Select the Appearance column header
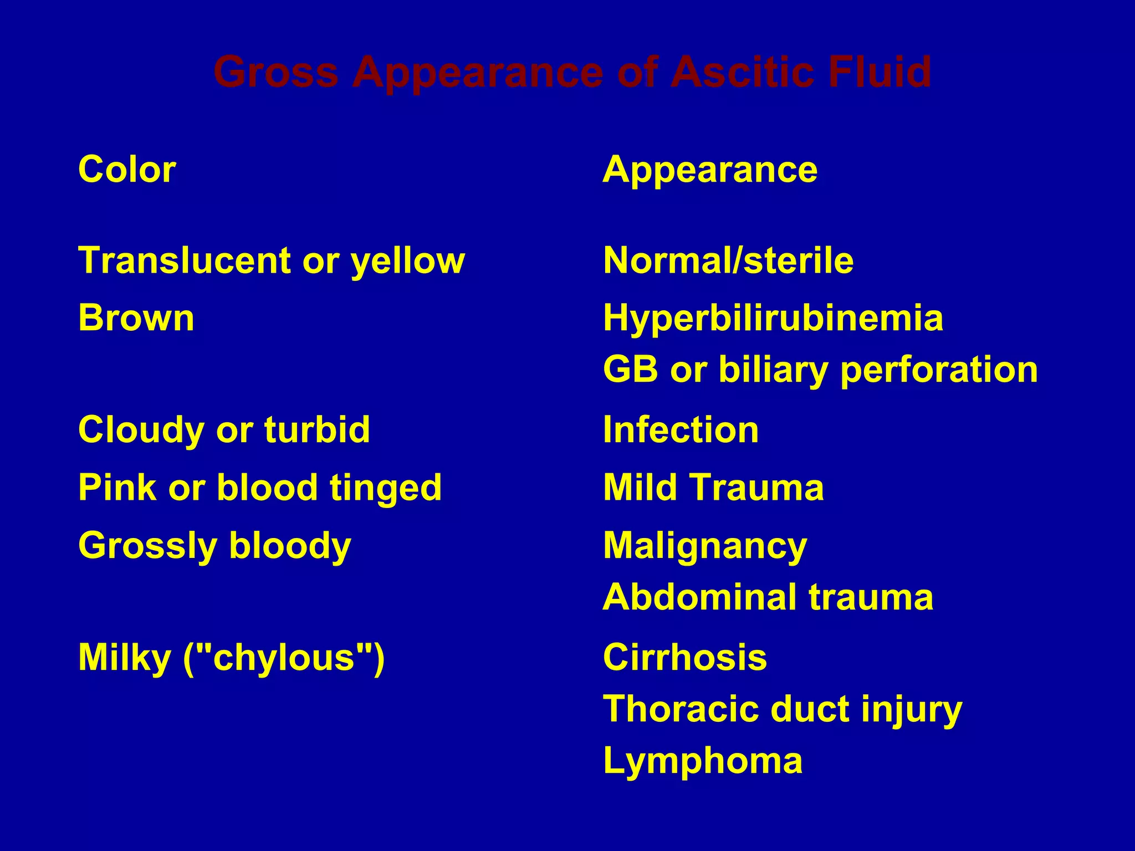tap(710, 170)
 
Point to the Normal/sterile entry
tap(728, 260)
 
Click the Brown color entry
tap(136, 318)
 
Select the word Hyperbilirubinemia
tap(773, 318)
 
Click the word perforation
tap(939, 371)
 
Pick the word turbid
tap(317, 429)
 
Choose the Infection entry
tap(681, 429)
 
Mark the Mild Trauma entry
tap(713, 488)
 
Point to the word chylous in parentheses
tap(284, 657)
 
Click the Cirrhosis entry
tap(685, 657)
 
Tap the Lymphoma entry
tap(703, 761)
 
